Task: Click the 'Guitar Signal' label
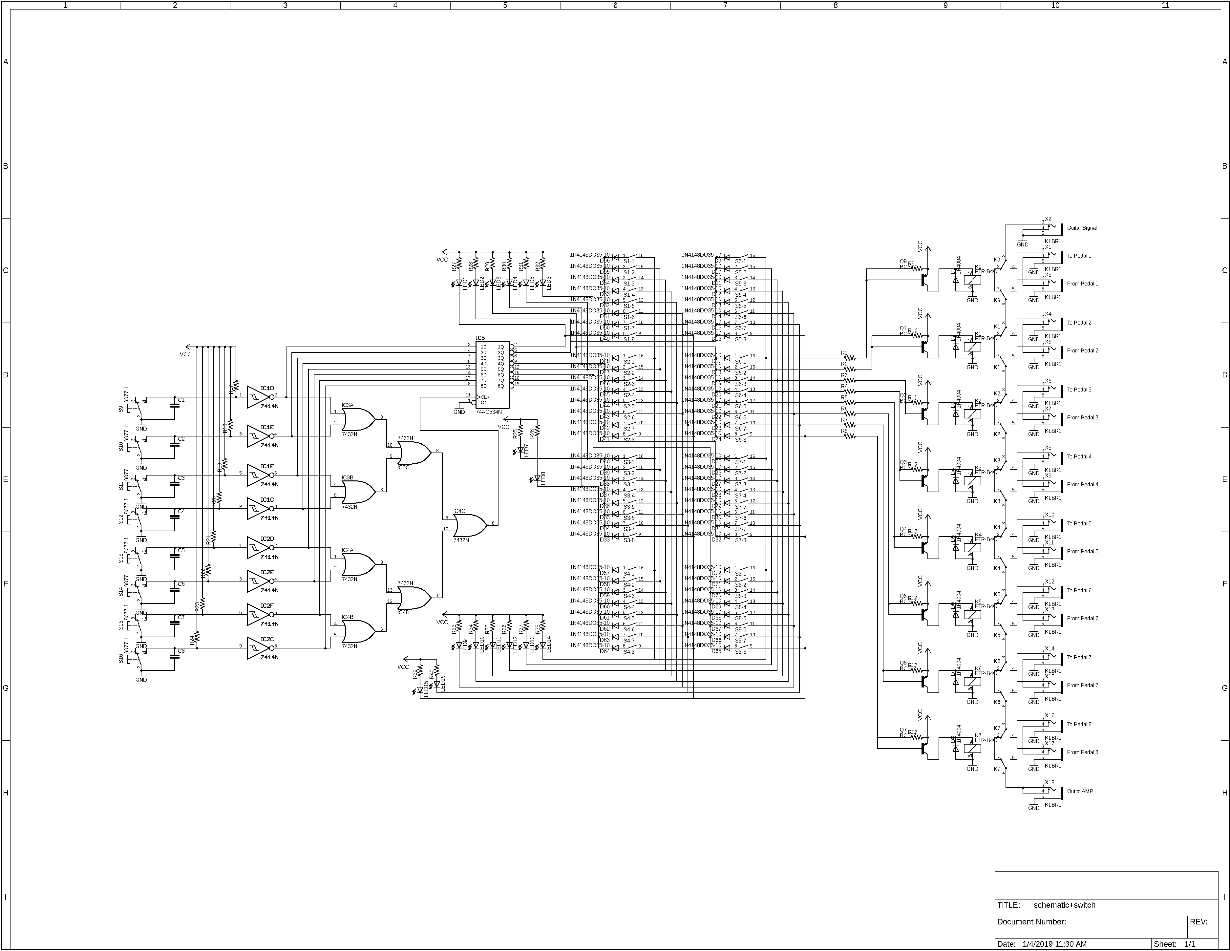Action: (1081, 228)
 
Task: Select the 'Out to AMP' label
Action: (1080, 791)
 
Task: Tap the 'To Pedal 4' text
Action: (1078, 457)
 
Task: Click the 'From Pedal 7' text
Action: (1082, 685)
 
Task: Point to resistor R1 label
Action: (844, 353)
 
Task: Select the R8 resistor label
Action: (844, 431)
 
